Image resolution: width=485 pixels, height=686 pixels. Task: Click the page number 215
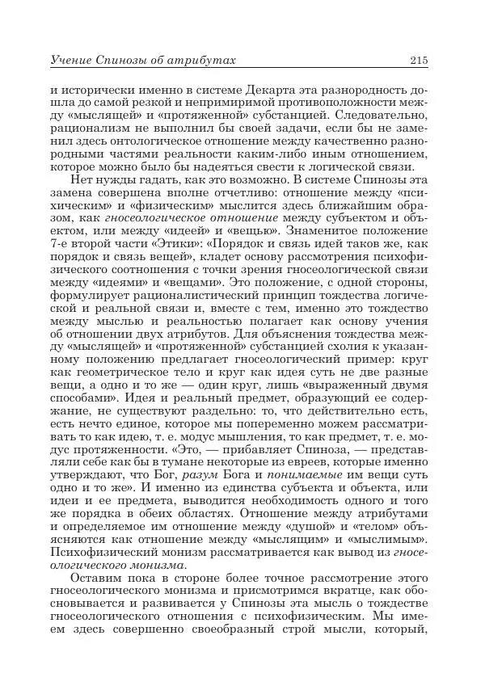[418, 60]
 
